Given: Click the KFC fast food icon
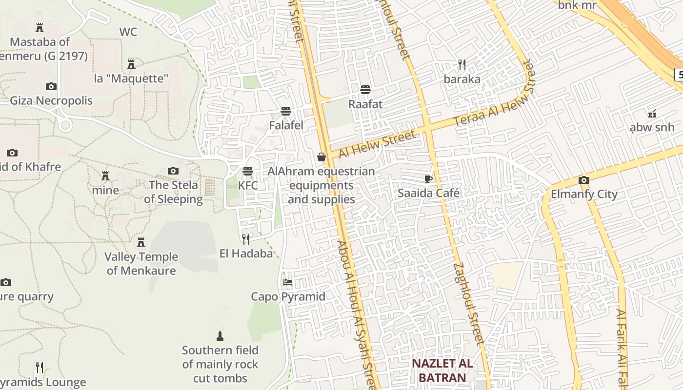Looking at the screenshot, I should [x=248, y=171].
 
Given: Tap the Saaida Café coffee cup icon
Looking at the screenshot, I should [x=428, y=179].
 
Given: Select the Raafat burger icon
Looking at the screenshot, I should [x=365, y=89].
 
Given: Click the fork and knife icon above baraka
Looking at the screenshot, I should [x=462, y=64].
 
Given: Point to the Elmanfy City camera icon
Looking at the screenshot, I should [x=583, y=180].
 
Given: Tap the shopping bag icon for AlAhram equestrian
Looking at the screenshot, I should [x=321, y=156].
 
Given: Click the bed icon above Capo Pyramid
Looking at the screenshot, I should [x=288, y=282].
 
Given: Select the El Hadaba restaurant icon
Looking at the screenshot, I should [x=246, y=239].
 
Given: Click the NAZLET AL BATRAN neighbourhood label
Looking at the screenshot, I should [x=442, y=370].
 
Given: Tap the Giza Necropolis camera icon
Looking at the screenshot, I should [x=51, y=86].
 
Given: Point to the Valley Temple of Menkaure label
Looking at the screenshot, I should [x=141, y=263].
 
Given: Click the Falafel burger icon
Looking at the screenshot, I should [x=286, y=111].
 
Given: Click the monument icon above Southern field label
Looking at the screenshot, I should [x=220, y=336].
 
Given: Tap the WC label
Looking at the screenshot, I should [x=128, y=32].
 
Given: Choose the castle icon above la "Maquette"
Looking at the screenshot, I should [x=131, y=64].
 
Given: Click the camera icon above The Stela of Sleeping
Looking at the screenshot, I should [x=173, y=171].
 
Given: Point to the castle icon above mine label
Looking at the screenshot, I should [x=105, y=175].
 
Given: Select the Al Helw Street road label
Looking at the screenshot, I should [x=377, y=145].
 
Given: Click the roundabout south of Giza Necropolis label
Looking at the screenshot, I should [x=65, y=125].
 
